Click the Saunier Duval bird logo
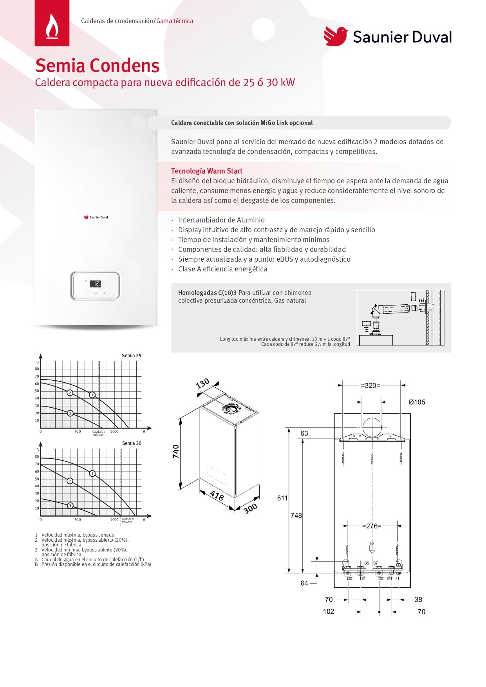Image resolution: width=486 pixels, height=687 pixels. click(x=336, y=36)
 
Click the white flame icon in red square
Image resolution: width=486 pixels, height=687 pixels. click(x=52, y=27)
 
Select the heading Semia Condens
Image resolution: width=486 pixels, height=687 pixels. click(x=98, y=65)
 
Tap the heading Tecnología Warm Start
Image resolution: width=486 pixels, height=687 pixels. click(x=206, y=171)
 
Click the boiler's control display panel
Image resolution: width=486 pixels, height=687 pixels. click(x=95, y=286)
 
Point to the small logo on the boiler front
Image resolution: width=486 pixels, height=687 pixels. click(x=96, y=217)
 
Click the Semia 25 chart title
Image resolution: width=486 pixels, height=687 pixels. click(x=131, y=356)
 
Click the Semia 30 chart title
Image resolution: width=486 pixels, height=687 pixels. click(x=132, y=443)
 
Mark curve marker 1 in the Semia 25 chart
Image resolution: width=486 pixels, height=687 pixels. click(x=92, y=395)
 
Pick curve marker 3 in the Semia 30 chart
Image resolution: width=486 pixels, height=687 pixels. click(x=70, y=506)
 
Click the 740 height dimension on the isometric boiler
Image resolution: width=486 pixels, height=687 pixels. click(x=176, y=451)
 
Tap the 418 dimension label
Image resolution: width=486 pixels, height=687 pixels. click(x=217, y=495)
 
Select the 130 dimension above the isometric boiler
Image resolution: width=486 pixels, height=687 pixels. click(x=202, y=383)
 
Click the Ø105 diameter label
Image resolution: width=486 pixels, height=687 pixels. click(x=416, y=402)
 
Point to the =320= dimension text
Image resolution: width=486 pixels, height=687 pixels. click(x=370, y=385)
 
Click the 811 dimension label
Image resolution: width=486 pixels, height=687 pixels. click(x=282, y=498)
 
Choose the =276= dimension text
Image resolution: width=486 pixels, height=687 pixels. click(x=372, y=526)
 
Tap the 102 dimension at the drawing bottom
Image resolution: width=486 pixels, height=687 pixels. click(x=329, y=612)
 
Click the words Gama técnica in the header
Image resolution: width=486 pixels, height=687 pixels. click(x=175, y=21)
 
